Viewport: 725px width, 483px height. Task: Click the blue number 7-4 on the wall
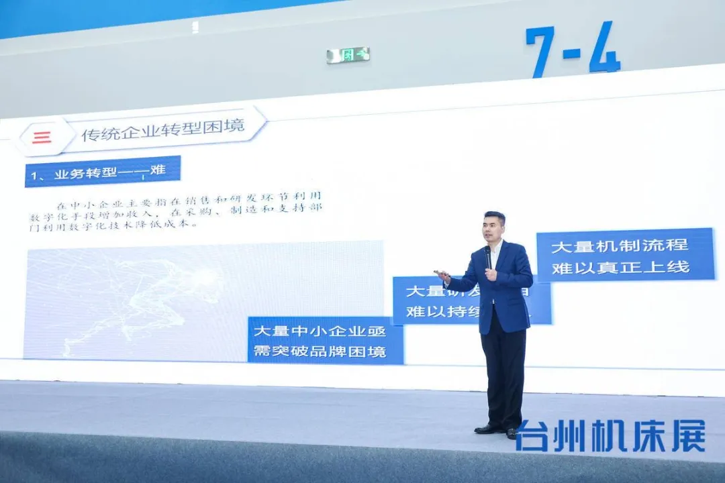click(x=573, y=49)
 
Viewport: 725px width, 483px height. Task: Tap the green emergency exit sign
click(x=348, y=55)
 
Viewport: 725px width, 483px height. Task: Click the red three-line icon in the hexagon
click(x=42, y=138)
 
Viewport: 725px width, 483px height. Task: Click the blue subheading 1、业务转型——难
click(x=103, y=172)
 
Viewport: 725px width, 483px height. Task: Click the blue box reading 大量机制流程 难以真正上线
click(x=625, y=255)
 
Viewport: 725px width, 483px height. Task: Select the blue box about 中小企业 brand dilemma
click(x=326, y=341)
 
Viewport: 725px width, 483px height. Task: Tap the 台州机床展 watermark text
click(x=610, y=436)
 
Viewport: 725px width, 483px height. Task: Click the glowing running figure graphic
click(x=168, y=295)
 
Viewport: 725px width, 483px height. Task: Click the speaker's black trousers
click(x=503, y=376)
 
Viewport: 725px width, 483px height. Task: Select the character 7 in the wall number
click(x=541, y=52)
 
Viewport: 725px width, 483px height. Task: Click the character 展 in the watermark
click(x=688, y=436)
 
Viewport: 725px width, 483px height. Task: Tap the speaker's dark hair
click(x=495, y=217)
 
